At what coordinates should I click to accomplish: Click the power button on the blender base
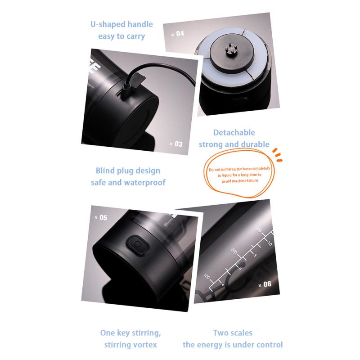tap(138, 245)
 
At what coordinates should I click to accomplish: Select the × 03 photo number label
tap(176, 144)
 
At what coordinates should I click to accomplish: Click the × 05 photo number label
tap(101, 217)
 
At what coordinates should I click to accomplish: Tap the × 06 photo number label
tap(265, 284)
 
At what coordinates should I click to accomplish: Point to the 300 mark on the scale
tap(258, 229)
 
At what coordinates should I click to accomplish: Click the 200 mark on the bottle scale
tap(234, 251)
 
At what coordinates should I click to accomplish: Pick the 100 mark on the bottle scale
tap(207, 276)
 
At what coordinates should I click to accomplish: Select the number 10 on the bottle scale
tap(270, 243)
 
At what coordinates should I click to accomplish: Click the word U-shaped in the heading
tap(108, 24)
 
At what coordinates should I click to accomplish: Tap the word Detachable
tap(234, 132)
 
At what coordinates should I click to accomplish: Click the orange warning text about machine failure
tap(239, 175)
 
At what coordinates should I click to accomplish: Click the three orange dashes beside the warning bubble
tap(277, 155)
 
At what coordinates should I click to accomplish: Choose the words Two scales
tap(233, 333)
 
